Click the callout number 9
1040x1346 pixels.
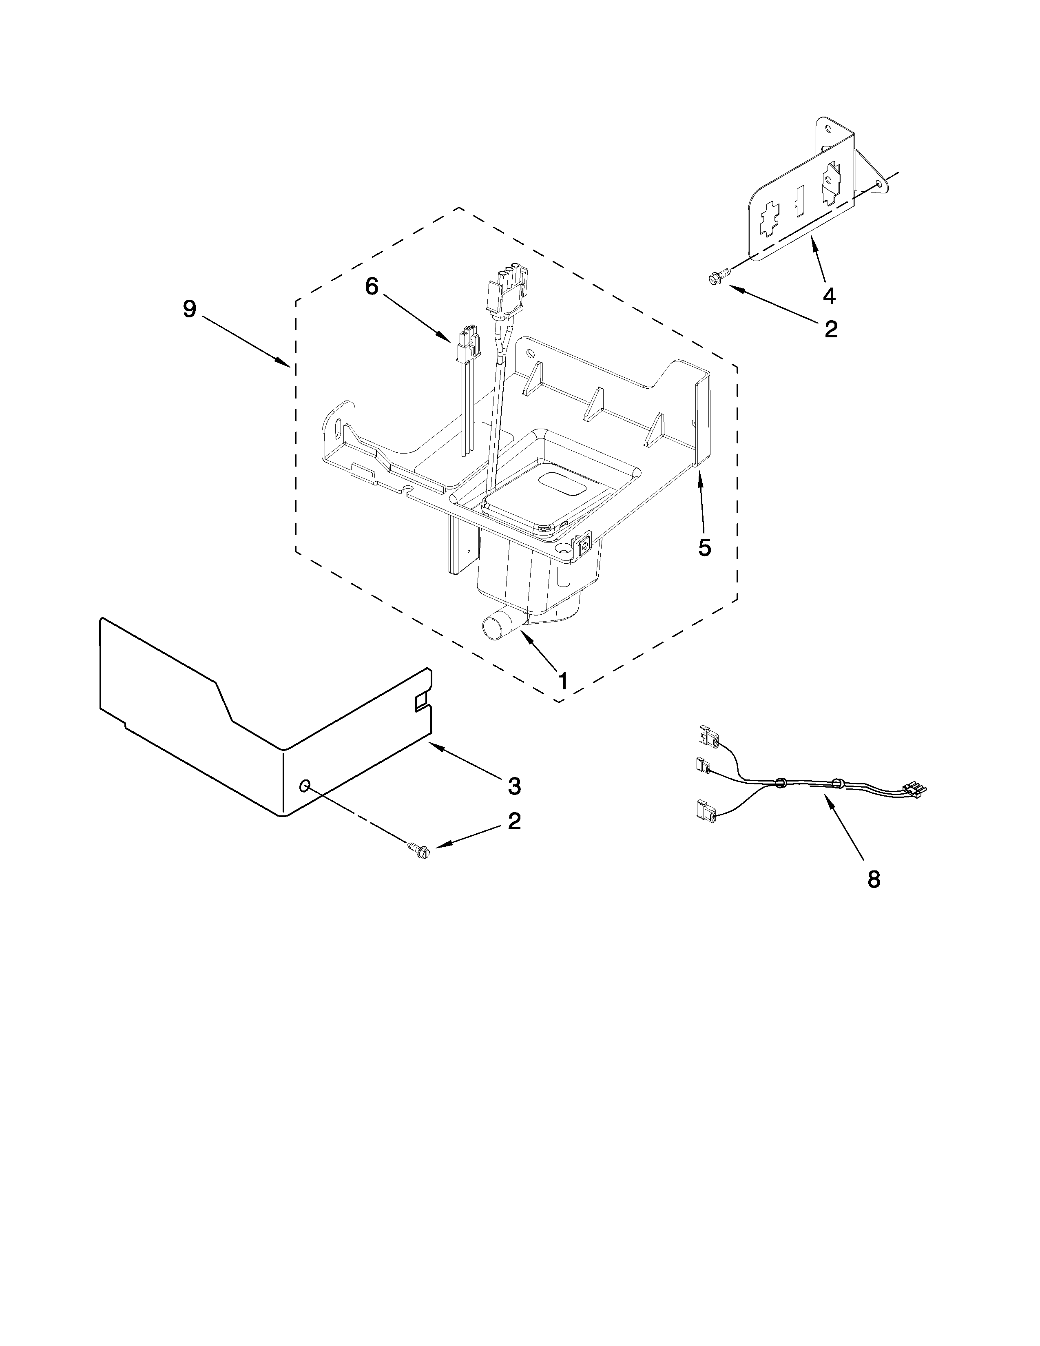(189, 309)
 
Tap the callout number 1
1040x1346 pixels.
(562, 681)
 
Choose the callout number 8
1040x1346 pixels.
(874, 879)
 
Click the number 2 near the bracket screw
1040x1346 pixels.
(830, 329)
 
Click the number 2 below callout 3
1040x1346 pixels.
(514, 821)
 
